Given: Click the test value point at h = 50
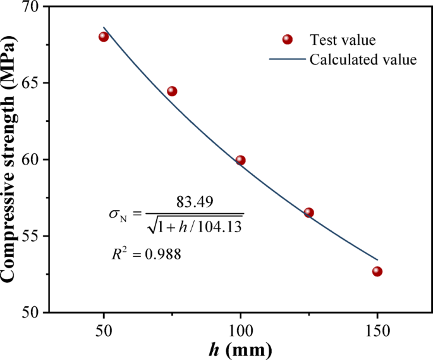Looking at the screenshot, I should [104, 37].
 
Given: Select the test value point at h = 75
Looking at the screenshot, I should [172, 91].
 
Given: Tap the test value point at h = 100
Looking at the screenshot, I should [240, 160].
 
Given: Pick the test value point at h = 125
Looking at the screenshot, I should [308, 213].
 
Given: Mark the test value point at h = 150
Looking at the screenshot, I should [377, 271].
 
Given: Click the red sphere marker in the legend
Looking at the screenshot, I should [287, 40].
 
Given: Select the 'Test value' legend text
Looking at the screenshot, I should [343, 40].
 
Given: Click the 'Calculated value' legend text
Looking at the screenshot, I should [362, 60].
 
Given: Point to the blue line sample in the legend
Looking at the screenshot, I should [287, 60].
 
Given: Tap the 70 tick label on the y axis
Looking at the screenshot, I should [31, 7].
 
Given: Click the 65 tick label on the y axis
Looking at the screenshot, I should [31, 84].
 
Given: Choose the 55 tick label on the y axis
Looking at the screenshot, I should [31, 237].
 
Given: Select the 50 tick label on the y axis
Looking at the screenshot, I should [31, 313].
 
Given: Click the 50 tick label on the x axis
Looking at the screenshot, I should [104, 331].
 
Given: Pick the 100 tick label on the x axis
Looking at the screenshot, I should [240, 331].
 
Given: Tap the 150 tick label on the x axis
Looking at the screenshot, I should [377, 331].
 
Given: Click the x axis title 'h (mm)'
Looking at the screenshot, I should [240, 350].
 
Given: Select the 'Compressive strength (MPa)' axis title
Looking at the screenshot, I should [10, 159].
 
